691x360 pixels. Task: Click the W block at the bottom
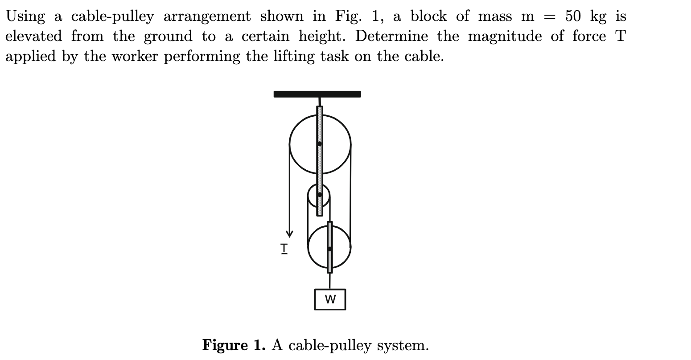coord(330,299)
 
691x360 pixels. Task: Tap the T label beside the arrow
coord(284,248)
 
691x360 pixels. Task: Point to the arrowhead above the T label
coord(290,233)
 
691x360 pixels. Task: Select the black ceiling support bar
coord(317,94)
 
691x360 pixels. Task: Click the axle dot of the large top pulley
coord(320,143)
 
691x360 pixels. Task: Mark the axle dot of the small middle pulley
coord(320,194)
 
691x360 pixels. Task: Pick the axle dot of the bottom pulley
coord(330,249)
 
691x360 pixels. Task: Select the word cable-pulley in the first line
coord(112,17)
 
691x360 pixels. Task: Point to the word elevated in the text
coord(33,36)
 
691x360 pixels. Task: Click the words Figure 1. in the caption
coord(234,345)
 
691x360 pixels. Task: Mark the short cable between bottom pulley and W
coord(330,281)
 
